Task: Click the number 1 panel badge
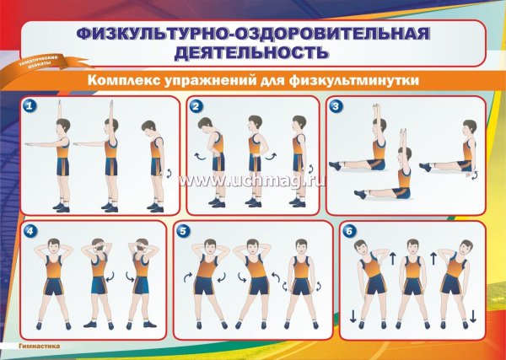(x=30, y=106)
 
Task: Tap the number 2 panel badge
(x=196, y=106)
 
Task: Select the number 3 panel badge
(x=336, y=106)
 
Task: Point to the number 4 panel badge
(x=30, y=230)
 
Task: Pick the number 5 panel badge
(x=183, y=230)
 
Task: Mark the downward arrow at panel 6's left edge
(x=352, y=316)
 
